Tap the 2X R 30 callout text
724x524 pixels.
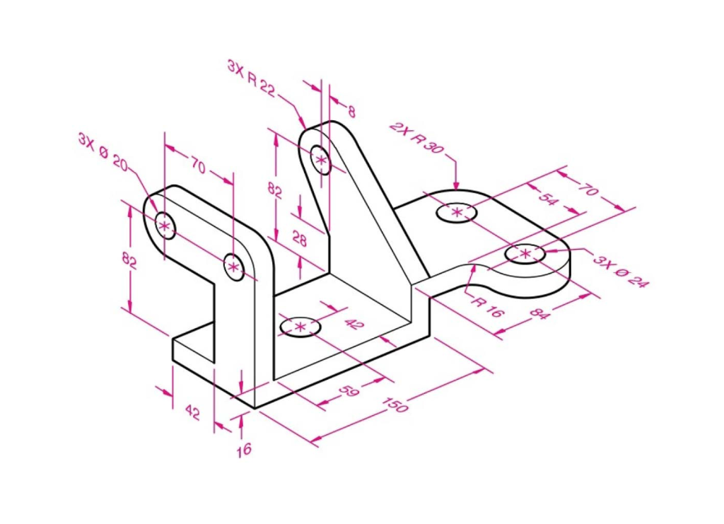(x=416, y=137)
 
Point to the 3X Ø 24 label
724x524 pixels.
(x=620, y=272)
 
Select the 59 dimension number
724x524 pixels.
(x=349, y=392)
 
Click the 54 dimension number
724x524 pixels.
(x=547, y=199)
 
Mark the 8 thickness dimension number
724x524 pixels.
(x=351, y=111)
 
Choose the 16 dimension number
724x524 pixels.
(x=243, y=450)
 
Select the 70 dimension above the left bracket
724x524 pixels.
(x=197, y=167)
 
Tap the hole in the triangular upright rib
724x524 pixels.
(x=322, y=160)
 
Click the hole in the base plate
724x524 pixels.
(x=300, y=327)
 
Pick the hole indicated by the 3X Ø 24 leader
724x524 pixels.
(x=525, y=253)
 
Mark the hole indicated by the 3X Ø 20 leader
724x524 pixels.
(x=164, y=226)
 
